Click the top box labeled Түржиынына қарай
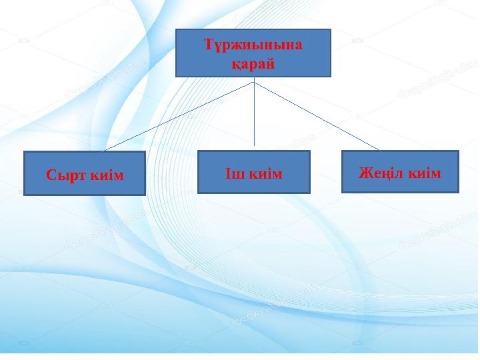coord(253,53)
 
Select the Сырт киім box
coord(85,173)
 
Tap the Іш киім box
coord(254,172)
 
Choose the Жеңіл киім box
coord(400,171)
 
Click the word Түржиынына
coord(253,45)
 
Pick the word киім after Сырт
coord(107,175)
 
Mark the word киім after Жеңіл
coord(425,173)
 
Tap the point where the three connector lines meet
coord(254,82)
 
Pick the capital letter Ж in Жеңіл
coord(365,173)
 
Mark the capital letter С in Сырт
coord(51,175)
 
